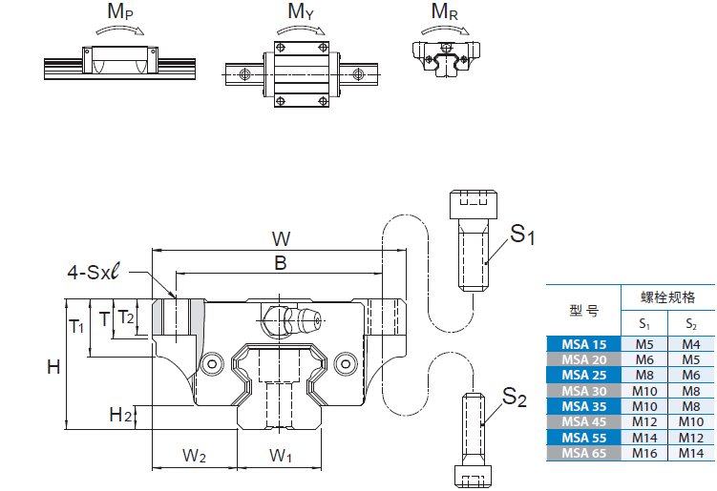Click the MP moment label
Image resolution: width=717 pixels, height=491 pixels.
click(119, 13)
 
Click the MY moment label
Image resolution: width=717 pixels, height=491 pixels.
click(302, 13)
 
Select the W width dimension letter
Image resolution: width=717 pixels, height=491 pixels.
click(281, 237)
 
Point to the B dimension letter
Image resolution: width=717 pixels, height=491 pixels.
click(281, 264)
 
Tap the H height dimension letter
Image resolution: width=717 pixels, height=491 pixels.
click(54, 366)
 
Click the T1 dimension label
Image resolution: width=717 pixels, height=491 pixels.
click(78, 326)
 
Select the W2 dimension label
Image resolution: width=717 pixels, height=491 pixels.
click(195, 456)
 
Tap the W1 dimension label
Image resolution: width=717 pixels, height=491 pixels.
click(281, 456)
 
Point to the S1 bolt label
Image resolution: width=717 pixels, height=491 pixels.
click(522, 234)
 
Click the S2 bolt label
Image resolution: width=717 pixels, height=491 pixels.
click(515, 398)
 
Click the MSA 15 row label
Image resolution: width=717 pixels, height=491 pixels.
click(583, 345)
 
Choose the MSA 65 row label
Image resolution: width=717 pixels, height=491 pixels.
click(583, 453)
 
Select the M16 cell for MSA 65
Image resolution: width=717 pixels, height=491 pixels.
click(644, 453)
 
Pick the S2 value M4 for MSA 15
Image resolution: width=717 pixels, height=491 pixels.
click(690, 345)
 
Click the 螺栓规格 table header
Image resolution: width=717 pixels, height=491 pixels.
click(667, 298)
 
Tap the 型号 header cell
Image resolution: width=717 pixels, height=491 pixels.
click(583, 311)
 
